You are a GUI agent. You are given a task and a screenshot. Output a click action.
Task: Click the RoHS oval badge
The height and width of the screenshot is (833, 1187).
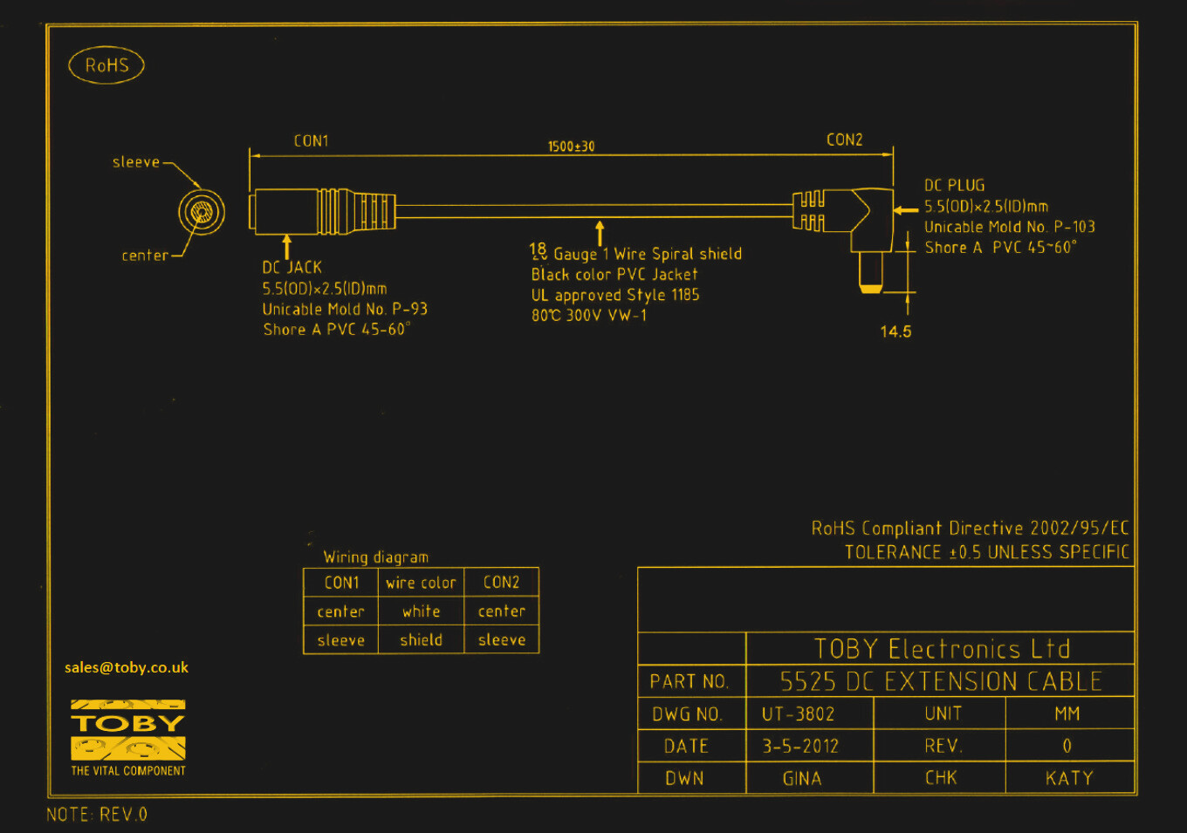(106, 65)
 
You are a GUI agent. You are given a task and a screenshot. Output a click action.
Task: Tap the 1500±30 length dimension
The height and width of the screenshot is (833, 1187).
(571, 147)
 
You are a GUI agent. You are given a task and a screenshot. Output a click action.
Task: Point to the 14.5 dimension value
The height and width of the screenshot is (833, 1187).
(895, 331)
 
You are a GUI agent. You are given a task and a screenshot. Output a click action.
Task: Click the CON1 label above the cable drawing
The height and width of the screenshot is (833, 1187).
(311, 141)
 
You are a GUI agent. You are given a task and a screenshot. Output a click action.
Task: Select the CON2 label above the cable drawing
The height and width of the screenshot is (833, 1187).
(844, 140)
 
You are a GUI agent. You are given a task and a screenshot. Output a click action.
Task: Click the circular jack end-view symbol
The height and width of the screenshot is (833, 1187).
(202, 212)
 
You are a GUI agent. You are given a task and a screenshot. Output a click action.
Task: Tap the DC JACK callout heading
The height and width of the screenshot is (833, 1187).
(292, 268)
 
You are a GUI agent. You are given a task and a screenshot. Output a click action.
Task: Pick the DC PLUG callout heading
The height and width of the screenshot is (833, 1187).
(954, 185)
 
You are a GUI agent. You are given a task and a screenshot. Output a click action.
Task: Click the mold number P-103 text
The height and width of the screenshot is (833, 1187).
(1074, 227)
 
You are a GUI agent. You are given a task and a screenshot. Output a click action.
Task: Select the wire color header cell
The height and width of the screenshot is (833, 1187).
(421, 583)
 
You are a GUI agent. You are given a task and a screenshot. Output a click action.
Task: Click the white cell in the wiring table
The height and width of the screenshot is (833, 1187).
(421, 611)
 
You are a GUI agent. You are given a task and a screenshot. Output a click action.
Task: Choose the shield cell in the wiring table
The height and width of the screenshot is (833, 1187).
(421, 640)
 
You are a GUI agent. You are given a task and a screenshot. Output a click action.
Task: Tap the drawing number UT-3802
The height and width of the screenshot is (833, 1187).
(798, 714)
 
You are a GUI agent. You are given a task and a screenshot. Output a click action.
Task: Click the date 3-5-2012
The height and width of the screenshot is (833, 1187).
(800, 747)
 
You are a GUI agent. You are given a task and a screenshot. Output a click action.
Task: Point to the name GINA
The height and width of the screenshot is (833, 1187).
(801, 778)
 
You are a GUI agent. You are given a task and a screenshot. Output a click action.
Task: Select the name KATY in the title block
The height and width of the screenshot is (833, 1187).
(1069, 778)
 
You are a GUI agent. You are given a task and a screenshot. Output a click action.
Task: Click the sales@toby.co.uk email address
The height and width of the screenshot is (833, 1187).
(127, 667)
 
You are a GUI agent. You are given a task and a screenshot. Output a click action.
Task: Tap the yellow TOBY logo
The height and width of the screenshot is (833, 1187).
(128, 729)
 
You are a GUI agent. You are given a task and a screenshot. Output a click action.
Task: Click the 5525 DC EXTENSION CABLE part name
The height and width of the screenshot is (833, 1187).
(941, 681)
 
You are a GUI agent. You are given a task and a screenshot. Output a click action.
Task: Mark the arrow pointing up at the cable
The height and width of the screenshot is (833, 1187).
(600, 233)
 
